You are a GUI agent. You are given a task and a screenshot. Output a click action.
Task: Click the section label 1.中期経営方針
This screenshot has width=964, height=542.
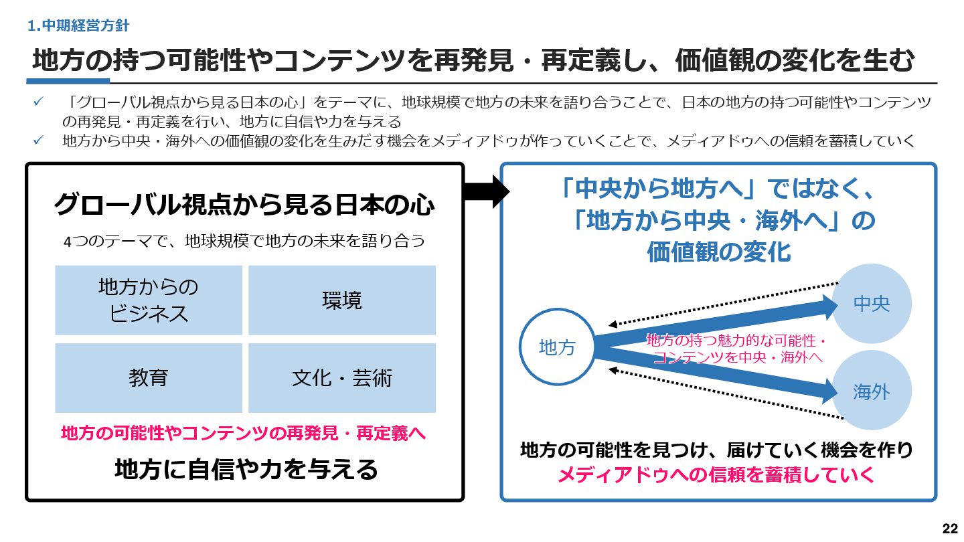tap(79, 26)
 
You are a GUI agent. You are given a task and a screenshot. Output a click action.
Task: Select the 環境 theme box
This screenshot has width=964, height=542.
tap(342, 300)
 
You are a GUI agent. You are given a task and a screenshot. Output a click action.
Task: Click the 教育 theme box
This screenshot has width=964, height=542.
tap(149, 378)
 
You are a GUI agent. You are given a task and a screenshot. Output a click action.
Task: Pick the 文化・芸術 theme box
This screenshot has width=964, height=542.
tap(342, 378)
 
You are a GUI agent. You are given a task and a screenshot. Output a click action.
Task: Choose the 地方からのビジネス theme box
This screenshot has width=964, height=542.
tap(149, 300)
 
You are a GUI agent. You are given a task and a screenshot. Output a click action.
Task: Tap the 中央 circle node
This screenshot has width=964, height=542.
tap(871, 304)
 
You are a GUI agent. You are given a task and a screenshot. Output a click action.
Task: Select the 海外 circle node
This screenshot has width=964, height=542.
tap(871, 392)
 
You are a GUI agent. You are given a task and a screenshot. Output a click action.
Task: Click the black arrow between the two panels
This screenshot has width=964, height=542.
tap(486, 192)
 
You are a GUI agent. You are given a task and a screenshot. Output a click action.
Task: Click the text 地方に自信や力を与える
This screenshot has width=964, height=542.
tap(246, 469)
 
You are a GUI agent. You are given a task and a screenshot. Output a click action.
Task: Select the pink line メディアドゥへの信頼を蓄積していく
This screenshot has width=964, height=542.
tap(716, 475)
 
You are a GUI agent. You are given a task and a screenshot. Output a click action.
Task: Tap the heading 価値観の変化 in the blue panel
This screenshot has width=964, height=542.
tap(719, 252)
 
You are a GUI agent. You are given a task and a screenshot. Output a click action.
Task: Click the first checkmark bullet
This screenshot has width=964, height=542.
tap(39, 102)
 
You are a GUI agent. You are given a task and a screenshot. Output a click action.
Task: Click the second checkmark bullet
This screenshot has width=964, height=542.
tap(39, 141)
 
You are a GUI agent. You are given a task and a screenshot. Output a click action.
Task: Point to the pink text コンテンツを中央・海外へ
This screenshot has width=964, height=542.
tap(737, 357)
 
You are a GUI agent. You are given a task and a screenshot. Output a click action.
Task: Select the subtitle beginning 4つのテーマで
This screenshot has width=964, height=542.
tap(244, 241)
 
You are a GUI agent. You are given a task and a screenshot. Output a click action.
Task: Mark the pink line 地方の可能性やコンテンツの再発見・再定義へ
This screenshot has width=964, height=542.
tap(244, 433)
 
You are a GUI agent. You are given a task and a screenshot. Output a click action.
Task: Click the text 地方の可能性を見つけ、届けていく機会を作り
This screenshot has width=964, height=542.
tap(716, 450)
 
